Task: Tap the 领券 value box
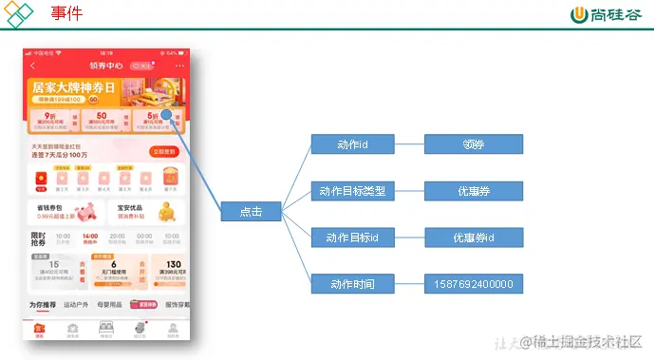473,144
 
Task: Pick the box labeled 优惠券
473,191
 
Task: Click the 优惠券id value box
473,238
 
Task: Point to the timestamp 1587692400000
473,283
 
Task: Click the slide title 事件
66,14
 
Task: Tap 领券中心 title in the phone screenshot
106,66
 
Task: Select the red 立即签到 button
163,151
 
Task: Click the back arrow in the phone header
34,66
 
